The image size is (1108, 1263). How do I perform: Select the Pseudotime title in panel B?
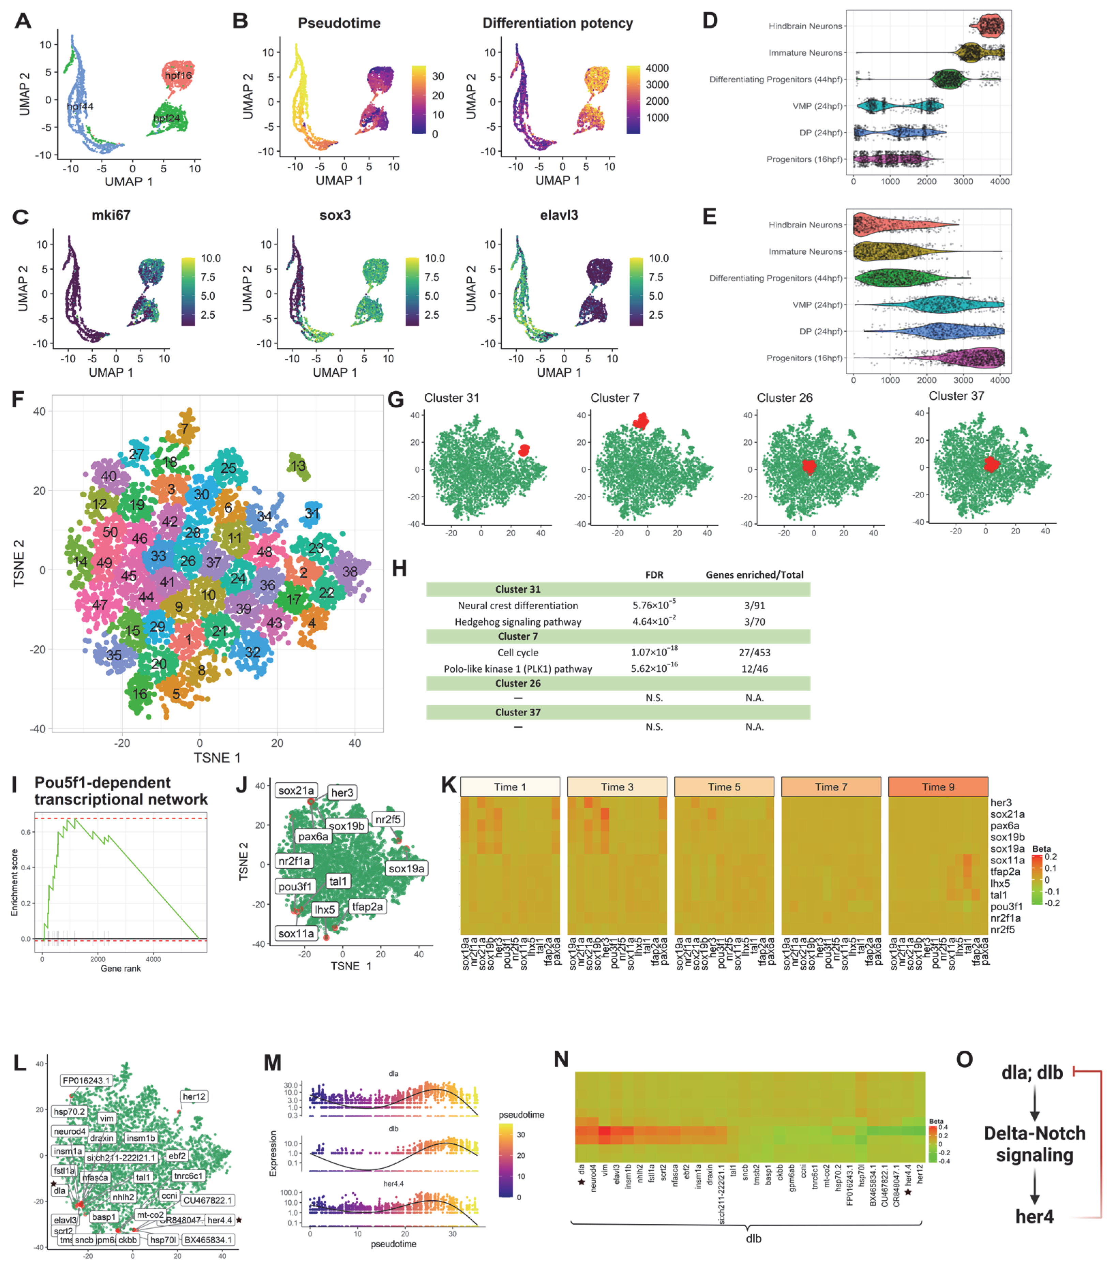[x=339, y=24]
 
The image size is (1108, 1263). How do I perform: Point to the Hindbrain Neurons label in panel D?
[x=805, y=26]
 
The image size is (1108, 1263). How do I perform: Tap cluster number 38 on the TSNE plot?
[x=350, y=572]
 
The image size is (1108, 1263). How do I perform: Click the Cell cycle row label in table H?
[x=518, y=652]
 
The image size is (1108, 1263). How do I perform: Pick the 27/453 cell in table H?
[x=754, y=652]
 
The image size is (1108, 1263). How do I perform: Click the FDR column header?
[x=654, y=575]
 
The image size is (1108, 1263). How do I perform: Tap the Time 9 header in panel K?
[x=938, y=786]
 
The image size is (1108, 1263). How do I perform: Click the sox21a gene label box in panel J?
[x=296, y=790]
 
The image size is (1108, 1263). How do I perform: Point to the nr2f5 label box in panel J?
[x=388, y=820]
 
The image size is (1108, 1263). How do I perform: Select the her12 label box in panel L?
[x=194, y=1096]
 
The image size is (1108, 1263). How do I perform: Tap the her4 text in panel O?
[x=1034, y=1217]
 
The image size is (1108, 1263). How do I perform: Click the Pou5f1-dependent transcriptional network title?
[x=121, y=791]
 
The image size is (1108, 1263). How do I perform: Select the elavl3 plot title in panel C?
[x=559, y=215]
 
